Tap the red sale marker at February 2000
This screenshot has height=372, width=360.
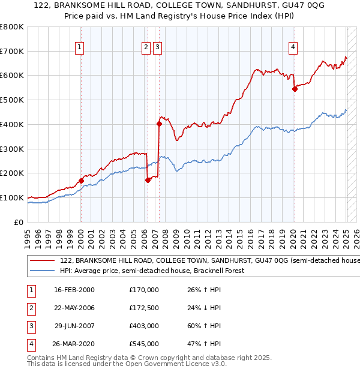click(x=81, y=180)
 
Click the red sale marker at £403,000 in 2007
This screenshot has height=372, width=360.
click(x=159, y=124)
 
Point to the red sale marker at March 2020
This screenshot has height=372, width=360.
click(x=295, y=89)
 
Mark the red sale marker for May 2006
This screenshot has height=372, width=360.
click(x=148, y=179)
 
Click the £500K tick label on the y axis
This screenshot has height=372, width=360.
click(x=12, y=100)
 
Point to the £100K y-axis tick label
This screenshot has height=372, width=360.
click(x=12, y=197)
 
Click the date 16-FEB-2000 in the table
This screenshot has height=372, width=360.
click(x=74, y=290)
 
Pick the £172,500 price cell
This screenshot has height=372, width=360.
click(x=144, y=308)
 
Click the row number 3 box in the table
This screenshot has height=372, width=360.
click(x=31, y=326)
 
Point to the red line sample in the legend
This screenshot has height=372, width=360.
click(x=42, y=261)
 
